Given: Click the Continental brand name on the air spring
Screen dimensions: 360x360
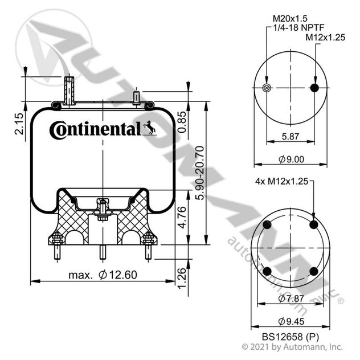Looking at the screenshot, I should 95,129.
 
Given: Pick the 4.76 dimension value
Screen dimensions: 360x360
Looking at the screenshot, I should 181,217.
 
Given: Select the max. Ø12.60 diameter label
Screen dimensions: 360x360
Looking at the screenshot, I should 103,275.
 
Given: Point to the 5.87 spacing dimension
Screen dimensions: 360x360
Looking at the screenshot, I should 291,136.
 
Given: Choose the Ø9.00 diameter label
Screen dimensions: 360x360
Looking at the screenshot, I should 291,160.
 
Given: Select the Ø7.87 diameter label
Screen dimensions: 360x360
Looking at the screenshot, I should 291,298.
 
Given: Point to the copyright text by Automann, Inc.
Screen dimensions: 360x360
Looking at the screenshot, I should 292,346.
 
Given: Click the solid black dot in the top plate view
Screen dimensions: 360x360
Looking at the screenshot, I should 314,87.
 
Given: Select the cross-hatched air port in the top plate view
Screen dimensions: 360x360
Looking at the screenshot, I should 266,87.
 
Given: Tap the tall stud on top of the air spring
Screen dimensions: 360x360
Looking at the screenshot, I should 69,91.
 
